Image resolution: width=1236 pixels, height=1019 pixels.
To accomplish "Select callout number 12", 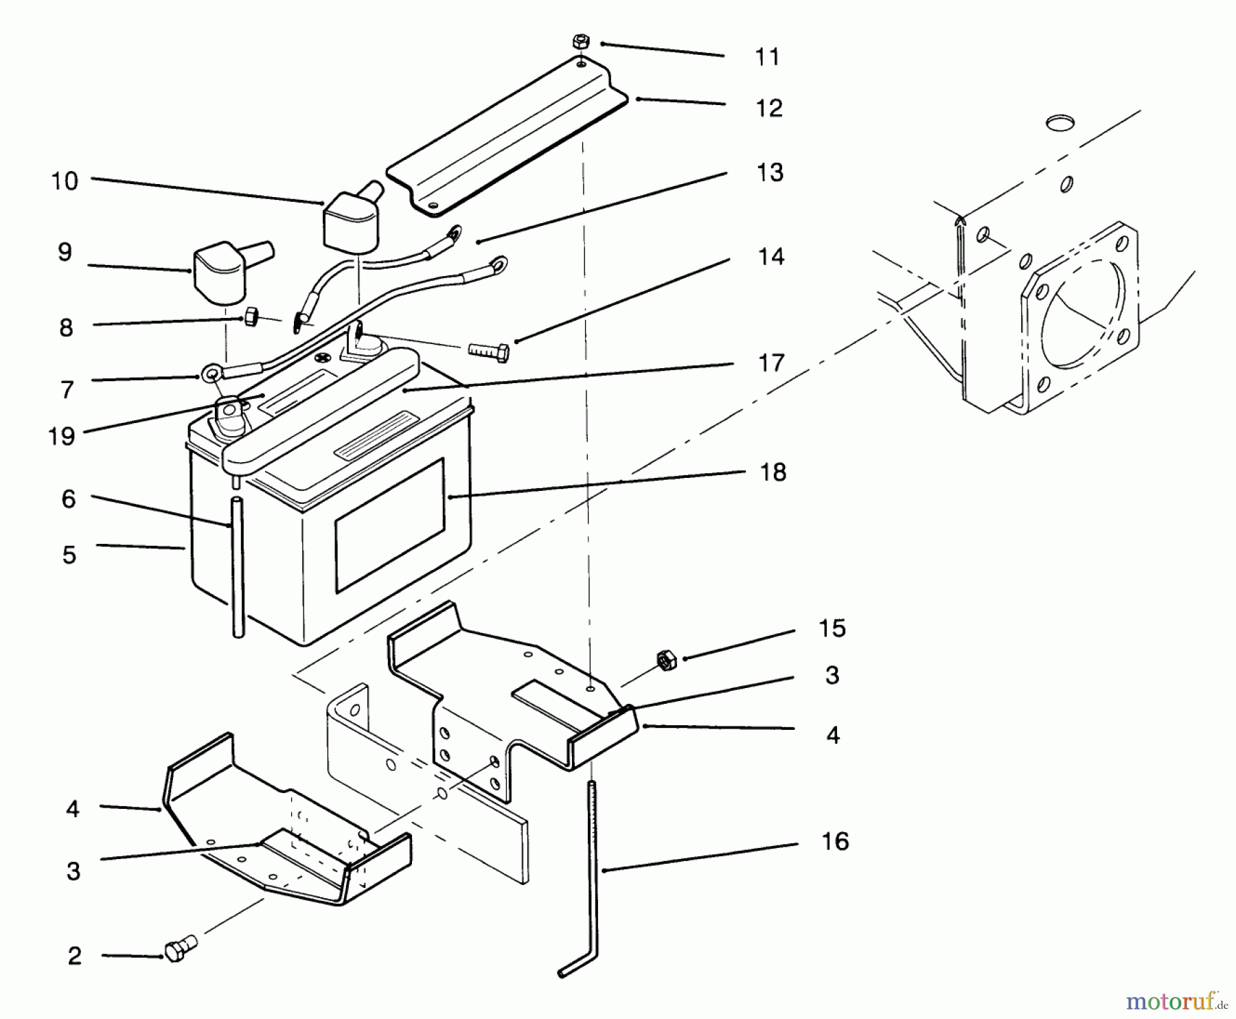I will point(769,108).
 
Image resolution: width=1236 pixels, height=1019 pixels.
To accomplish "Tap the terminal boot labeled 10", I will point(351,218).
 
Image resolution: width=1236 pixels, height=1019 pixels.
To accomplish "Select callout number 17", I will point(771,363).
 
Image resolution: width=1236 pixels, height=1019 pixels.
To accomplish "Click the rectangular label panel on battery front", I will point(389,526).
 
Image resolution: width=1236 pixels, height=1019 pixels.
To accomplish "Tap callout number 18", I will point(773,472).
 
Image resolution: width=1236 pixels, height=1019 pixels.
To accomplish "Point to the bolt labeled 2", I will point(178,951).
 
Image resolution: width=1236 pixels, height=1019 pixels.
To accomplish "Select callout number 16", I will point(835,841).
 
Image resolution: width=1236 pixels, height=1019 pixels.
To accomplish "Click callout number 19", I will point(62,436).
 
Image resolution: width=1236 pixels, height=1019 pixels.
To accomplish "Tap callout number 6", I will point(68,499).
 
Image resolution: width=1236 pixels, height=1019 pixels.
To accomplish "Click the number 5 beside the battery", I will point(69,555).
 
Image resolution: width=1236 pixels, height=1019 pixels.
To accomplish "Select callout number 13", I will point(770,172).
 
